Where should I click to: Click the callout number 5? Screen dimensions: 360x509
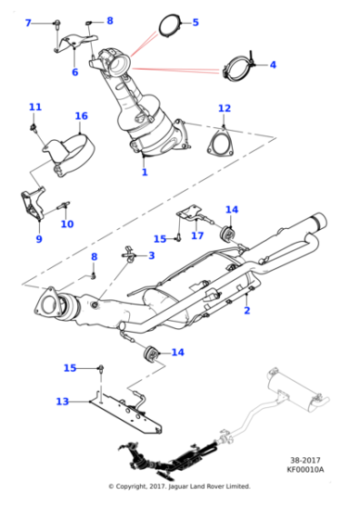point(195,23)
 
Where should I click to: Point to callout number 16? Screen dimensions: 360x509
point(81,116)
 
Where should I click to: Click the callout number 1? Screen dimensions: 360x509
point(145,172)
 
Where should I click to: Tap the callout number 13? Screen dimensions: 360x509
point(63,402)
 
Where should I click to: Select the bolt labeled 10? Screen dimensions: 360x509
point(64,205)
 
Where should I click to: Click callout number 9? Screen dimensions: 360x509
point(39,239)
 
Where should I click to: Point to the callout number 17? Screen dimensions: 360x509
point(197,235)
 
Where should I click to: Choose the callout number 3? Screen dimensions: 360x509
point(152,255)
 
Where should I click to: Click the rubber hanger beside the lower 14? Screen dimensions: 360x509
point(150,353)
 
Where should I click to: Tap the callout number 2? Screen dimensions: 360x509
point(247,310)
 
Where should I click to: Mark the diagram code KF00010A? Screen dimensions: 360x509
point(305,469)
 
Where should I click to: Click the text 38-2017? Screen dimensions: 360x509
point(305,460)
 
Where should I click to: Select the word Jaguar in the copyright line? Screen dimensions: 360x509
point(178,486)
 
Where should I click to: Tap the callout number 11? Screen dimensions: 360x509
point(35,107)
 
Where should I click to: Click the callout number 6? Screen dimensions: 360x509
point(75,72)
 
